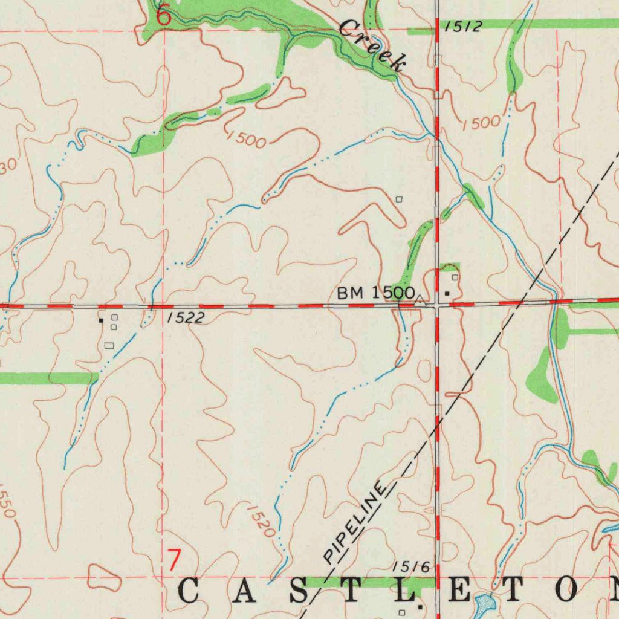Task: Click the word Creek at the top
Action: point(371,44)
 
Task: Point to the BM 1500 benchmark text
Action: point(375,293)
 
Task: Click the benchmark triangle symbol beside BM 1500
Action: point(420,299)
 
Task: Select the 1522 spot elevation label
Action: point(185,318)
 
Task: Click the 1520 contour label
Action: point(262,522)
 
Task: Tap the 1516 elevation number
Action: point(411,566)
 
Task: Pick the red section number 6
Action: point(164,16)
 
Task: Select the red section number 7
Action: point(174,560)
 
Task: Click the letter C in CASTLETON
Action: point(189,591)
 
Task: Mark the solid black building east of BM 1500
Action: point(447,293)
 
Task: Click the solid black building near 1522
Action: point(101,320)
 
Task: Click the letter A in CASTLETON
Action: point(244,591)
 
